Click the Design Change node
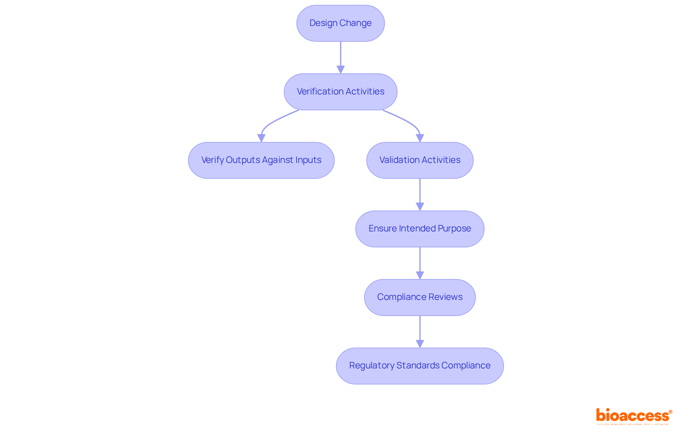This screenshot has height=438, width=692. coord(340,23)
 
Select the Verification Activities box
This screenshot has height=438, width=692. coord(340,92)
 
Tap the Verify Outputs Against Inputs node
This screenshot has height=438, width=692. coord(261,160)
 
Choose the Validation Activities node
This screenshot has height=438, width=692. coord(420,160)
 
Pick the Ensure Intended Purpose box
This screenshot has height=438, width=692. coord(420,229)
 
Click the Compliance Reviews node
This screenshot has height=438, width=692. coord(420,297)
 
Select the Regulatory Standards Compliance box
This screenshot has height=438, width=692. coord(420,366)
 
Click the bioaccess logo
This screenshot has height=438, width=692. coord(634,416)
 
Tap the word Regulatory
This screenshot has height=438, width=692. coord(372,366)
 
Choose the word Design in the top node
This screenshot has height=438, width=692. coord(323,23)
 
